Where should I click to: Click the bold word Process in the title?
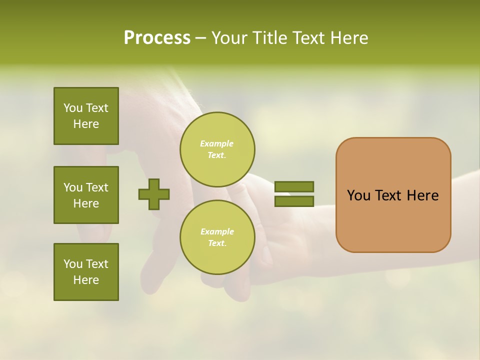coord(157,38)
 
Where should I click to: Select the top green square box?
coord(86,116)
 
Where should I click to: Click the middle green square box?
coord(86,195)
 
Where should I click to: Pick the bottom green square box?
coord(86,272)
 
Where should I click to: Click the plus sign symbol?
coord(154,194)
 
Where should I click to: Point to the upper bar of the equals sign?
coord(294,186)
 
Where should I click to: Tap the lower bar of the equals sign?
coord(294,201)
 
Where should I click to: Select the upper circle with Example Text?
coord(217,149)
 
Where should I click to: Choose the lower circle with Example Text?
coord(217,237)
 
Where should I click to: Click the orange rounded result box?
coord(393,195)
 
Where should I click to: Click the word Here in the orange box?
coord(422,195)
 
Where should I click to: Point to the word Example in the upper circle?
coord(216,143)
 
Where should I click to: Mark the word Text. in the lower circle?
coord(217,243)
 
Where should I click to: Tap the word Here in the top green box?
coord(86,124)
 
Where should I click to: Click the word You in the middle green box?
coord(72,187)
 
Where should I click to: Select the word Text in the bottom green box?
coord(97,264)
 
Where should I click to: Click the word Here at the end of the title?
coord(348,38)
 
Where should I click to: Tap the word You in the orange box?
coord(358,195)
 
